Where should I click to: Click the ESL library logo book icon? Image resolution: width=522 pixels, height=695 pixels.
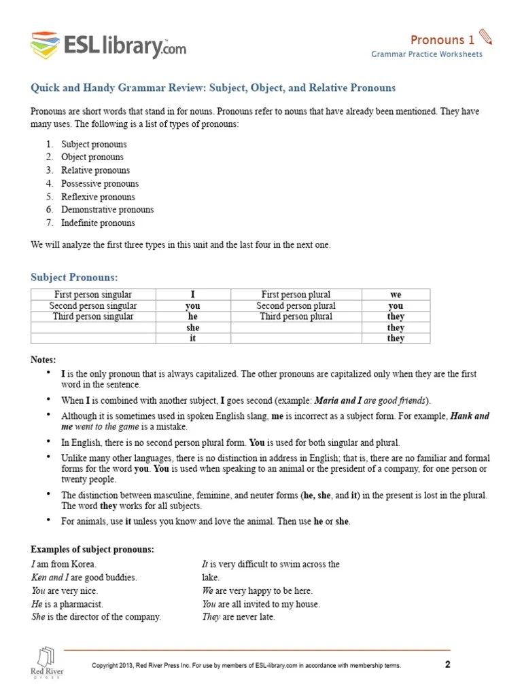tap(45, 45)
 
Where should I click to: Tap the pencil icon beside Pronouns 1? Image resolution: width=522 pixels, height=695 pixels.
tap(485, 37)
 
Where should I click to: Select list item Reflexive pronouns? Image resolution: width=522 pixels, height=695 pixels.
tap(98, 197)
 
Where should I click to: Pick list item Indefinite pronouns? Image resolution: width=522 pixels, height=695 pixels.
tap(98, 223)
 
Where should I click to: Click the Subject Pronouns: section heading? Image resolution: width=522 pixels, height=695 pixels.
tap(75, 277)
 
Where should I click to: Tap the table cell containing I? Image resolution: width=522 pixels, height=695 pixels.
tap(193, 295)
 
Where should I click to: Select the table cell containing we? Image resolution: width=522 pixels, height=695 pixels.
tap(396, 295)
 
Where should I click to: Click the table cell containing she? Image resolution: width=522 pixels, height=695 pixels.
tap(193, 327)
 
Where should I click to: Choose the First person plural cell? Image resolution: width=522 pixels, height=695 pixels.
tap(296, 295)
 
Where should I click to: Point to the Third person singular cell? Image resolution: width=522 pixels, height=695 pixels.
tap(93, 316)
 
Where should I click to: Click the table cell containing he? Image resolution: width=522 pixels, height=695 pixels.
tap(193, 316)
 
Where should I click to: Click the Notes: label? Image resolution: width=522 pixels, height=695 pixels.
tap(43, 359)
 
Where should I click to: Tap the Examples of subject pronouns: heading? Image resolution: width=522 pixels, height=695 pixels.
tap(92, 548)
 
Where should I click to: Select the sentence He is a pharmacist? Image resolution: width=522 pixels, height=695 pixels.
tap(68, 603)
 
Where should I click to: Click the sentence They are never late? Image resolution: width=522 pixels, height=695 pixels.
tap(238, 617)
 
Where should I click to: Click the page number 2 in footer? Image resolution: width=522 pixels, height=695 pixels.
tap(447, 664)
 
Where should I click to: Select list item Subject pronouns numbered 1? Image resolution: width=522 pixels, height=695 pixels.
tap(94, 144)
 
